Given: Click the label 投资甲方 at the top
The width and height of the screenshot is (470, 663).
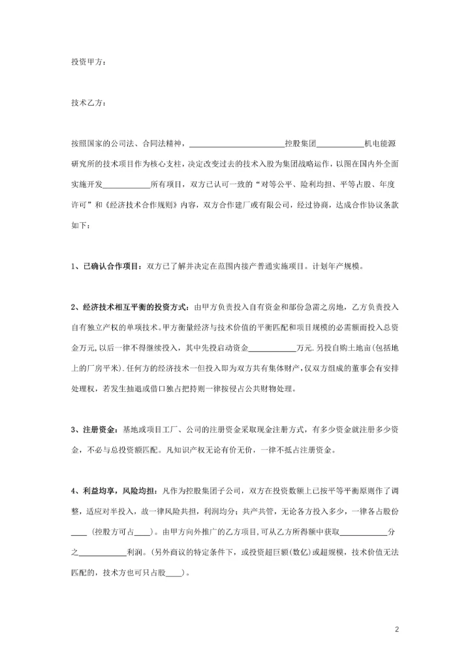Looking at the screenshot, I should click(86, 62).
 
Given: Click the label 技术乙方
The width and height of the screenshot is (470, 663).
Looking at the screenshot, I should click(86, 102).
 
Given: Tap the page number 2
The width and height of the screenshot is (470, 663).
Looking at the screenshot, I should click(396, 630).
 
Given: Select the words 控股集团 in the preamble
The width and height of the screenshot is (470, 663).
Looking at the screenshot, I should click(301, 143).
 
